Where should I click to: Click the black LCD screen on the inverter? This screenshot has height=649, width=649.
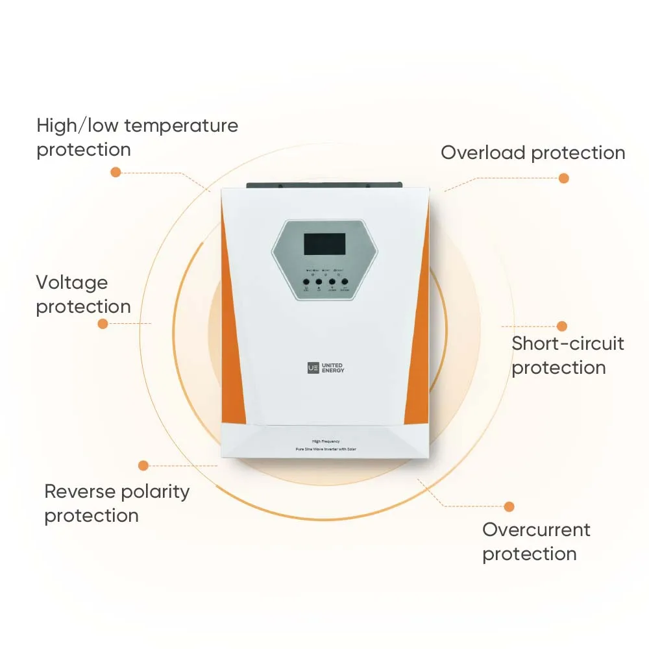[x=324, y=244]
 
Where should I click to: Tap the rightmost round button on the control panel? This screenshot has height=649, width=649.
[x=345, y=282]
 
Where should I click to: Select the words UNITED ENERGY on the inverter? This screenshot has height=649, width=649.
[x=333, y=368]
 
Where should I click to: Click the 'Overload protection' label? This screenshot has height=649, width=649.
[x=533, y=153]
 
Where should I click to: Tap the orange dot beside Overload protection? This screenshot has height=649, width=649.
[x=563, y=178]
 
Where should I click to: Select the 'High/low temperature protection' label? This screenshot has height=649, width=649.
[x=137, y=137]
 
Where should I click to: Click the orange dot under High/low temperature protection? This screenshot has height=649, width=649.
[x=116, y=172]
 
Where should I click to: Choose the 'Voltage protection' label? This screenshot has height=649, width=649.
[x=83, y=294]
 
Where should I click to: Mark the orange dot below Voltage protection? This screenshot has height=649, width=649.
[x=103, y=323]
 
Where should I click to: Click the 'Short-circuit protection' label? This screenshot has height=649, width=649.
[x=567, y=355]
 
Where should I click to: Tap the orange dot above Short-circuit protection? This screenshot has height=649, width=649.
[x=562, y=326]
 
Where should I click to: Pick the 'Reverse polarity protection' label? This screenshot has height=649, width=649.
[x=117, y=503]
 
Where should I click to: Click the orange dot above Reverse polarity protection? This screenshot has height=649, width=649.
[x=143, y=465]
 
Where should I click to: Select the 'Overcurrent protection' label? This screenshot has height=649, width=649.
[x=536, y=541]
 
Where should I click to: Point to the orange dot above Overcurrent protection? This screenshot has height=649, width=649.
[x=509, y=506]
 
